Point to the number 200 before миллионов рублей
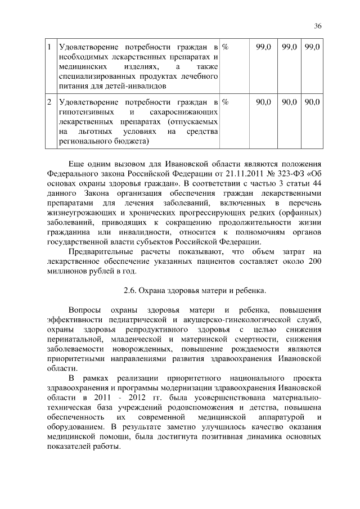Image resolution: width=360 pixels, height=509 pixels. pyautogui.click(x=314, y=263)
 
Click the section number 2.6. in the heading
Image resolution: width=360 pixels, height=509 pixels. pyautogui.click(x=132, y=291)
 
